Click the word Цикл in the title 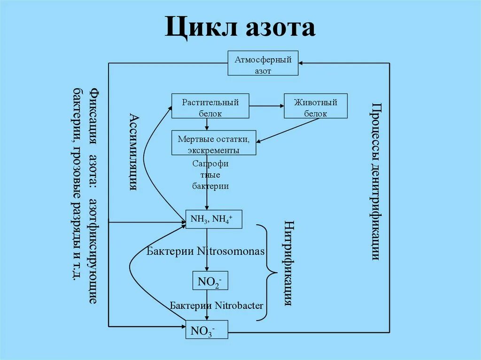pos(198,28)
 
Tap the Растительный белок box pos(210,107)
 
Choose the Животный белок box pos(315,107)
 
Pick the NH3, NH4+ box pos(214,219)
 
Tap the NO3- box pos(207,330)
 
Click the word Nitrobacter pos(239,306)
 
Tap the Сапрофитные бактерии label pos(210,175)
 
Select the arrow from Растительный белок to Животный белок pos(266,106)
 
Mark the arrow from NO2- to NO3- pos(207,305)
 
